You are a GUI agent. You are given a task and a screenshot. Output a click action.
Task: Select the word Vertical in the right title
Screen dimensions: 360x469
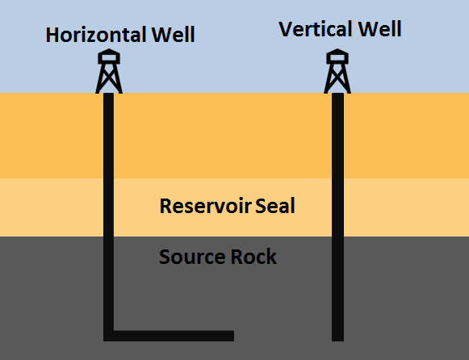point(316,30)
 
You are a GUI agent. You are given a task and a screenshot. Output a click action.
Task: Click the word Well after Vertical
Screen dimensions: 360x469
point(381,30)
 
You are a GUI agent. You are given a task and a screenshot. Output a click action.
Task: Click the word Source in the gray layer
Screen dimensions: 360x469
point(191,257)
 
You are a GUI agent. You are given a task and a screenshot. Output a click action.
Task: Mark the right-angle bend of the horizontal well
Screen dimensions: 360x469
point(109,335)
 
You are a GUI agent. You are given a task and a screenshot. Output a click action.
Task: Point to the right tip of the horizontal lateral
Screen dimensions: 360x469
point(231,335)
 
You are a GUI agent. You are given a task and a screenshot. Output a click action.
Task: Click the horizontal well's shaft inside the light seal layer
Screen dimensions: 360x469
point(109,207)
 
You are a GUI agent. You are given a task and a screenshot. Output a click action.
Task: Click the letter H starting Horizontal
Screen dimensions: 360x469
point(53,36)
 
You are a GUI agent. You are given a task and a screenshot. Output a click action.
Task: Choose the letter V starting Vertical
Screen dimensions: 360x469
point(286,30)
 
